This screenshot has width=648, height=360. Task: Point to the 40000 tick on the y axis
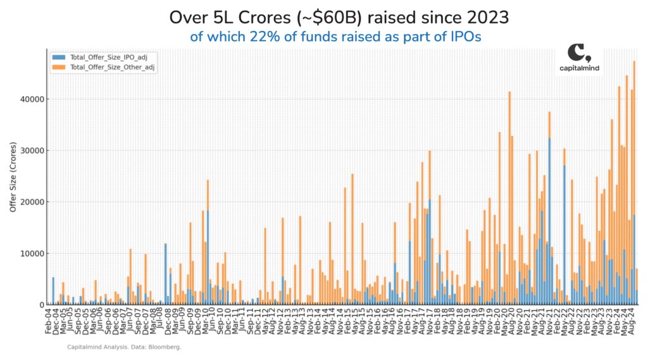(x=33, y=99)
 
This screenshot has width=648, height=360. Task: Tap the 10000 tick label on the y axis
(x=33, y=253)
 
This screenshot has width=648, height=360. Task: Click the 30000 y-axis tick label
(x=33, y=151)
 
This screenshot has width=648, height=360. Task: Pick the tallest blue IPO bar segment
(x=549, y=221)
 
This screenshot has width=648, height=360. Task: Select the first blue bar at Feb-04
(x=53, y=291)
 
